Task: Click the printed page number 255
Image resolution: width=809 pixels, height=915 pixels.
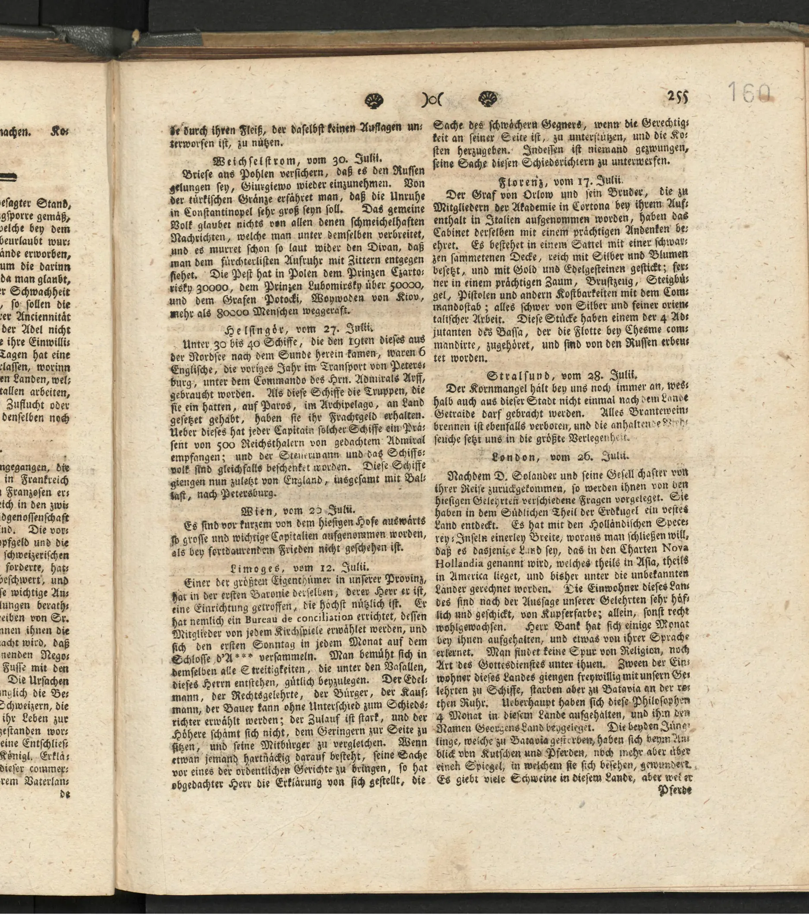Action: (677, 97)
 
